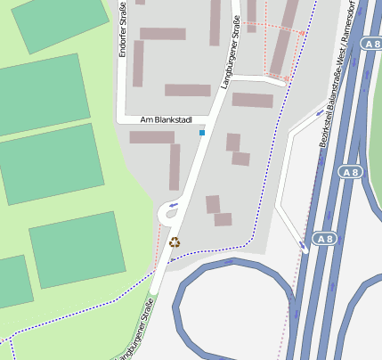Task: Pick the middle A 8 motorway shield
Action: [x=351, y=170]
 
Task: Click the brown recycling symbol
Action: [x=174, y=241]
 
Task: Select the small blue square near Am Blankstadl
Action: [x=202, y=133]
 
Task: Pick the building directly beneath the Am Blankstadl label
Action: [x=151, y=137]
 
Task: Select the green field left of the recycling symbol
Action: [x=78, y=255]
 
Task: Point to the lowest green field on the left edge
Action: [x=13, y=282]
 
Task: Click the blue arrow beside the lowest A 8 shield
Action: [x=305, y=243]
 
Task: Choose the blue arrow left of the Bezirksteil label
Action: [x=318, y=113]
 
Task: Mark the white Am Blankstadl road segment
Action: [x=134, y=119]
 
